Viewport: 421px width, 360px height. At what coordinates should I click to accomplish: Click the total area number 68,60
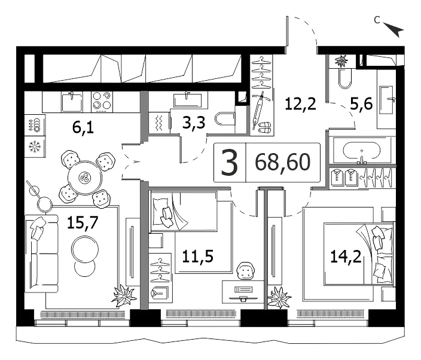pyautogui.click(x=283, y=162)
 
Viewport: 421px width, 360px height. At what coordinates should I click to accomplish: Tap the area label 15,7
pyautogui.click(x=83, y=222)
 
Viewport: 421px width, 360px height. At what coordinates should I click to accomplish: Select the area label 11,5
pyautogui.click(x=197, y=256)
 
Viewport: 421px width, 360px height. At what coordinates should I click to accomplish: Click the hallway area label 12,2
pyautogui.click(x=300, y=104)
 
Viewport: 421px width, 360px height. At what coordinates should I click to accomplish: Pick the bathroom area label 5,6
pyautogui.click(x=361, y=103)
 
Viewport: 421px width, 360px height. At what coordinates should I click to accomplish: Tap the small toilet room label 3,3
pyautogui.click(x=194, y=123)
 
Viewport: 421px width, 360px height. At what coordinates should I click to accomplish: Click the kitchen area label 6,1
pyautogui.click(x=83, y=127)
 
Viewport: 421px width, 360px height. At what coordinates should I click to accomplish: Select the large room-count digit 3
pyautogui.click(x=229, y=163)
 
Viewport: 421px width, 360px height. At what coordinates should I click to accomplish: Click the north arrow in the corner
pyautogui.click(x=393, y=29)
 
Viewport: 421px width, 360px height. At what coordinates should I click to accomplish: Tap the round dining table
pyautogui.click(x=85, y=178)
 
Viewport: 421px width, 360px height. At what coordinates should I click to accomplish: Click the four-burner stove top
pyautogui.click(x=102, y=102)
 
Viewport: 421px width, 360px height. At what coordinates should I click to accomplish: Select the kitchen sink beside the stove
pyautogui.click(x=72, y=102)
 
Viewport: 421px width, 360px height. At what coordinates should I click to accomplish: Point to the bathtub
pyautogui.click(x=361, y=151)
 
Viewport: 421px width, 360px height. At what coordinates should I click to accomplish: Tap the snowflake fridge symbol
pyautogui.click(x=35, y=147)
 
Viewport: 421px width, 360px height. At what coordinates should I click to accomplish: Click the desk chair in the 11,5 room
pyautogui.click(x=246, y=271)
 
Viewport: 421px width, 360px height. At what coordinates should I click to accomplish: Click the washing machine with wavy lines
pyautogui.click(x=159, y=123)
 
